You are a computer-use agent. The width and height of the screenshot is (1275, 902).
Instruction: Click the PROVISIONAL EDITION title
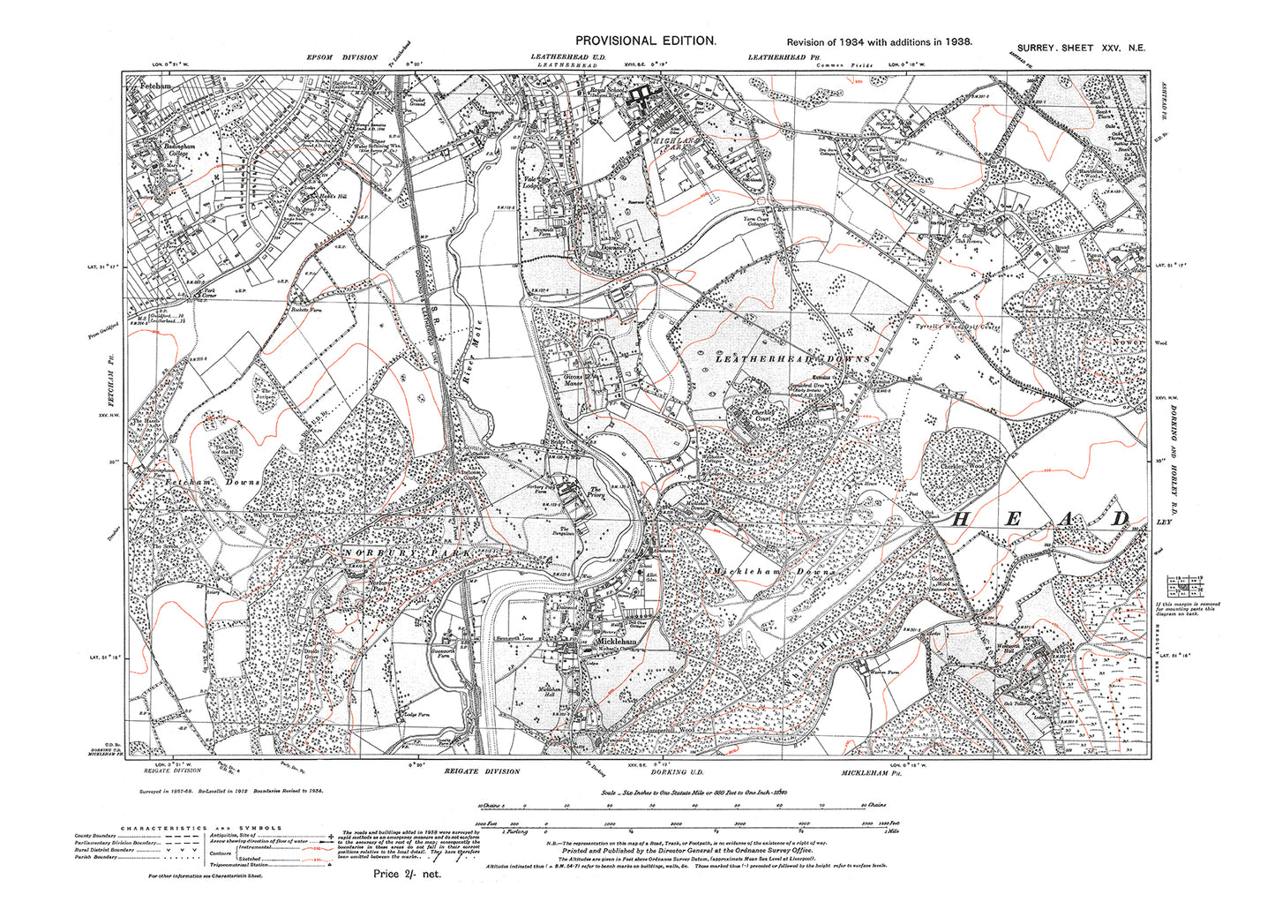[645, 41]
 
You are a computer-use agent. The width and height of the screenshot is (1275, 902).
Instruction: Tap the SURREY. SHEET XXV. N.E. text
[1080, 49]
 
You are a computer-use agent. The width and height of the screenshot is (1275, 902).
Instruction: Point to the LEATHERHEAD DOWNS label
[792, 359]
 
